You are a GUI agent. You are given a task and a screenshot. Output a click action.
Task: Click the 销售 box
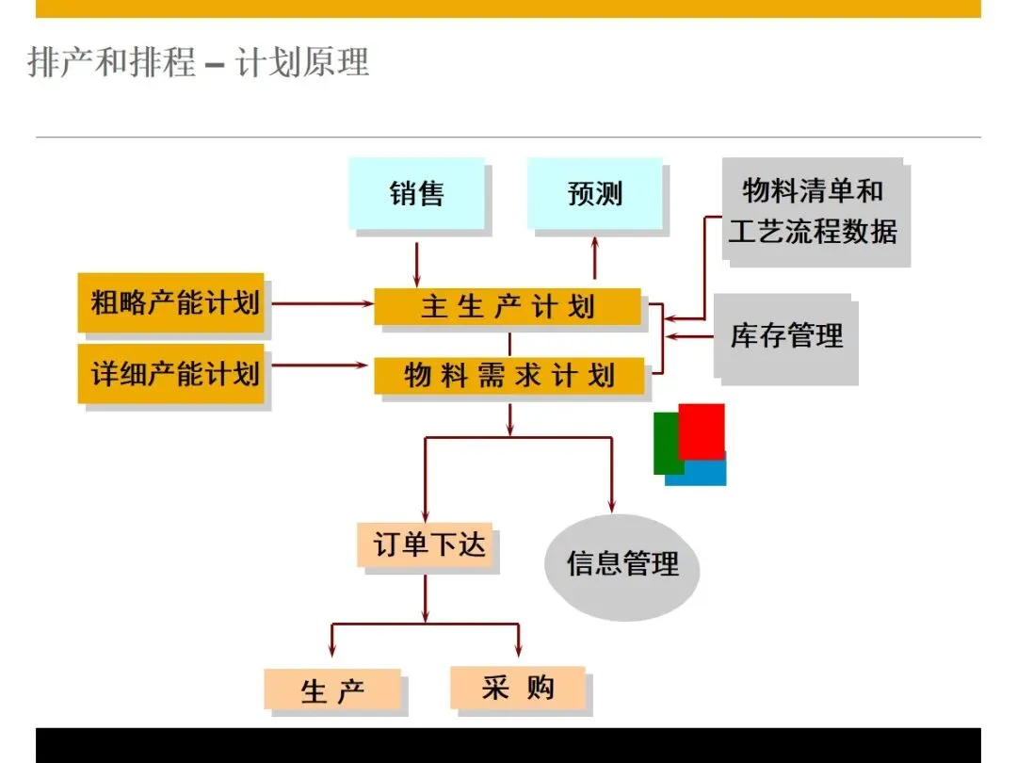pos(416,194)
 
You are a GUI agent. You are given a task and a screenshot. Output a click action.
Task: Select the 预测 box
pos(594,194)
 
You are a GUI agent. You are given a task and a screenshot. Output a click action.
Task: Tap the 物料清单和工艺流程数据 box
pos(813,211)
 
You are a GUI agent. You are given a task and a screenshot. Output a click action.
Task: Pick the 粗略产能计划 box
pos(171,303)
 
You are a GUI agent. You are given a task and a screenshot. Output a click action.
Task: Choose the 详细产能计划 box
pos(171,374)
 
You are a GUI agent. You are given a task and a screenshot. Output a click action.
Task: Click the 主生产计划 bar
pos(508,307)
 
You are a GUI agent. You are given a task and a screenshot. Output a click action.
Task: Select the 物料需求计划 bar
pos(508,376)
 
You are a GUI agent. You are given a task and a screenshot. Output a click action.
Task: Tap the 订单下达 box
pos(427,545)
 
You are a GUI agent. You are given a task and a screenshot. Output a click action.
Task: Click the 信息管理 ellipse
pos(622,564)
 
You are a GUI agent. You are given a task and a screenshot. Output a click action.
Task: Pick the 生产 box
pos(332,690)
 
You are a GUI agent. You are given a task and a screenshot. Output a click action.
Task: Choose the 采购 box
pos(517,688)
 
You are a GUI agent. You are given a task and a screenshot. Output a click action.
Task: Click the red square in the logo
pos(702,430)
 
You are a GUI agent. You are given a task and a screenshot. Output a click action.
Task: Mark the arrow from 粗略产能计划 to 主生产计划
pos(320,303)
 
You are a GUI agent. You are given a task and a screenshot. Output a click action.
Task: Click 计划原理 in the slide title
pos(302,63)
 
